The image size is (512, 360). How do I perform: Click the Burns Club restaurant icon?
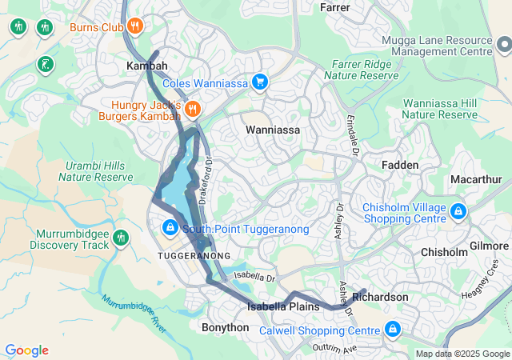(x=135, y=26)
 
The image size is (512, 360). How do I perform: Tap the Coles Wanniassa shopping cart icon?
(x=259, y=82)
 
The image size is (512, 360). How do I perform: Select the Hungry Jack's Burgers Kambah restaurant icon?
(x=193, y=108)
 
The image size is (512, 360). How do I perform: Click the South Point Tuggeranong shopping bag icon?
(x=171, y=228)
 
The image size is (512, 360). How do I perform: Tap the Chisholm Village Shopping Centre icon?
(x=458, y=212)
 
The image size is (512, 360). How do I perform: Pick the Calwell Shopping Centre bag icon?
(x=393, y=329)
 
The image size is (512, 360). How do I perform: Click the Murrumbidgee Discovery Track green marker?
(x=121, y=237)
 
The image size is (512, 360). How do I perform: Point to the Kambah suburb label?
(x=147, y=66)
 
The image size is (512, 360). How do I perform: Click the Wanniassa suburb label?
(x=272, y=130)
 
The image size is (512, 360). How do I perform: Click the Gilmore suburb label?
(x=490, y=246)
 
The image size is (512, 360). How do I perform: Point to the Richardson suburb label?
(x=380, y=297)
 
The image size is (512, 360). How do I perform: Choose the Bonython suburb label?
(x=225, y=328)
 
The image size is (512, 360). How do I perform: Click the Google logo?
(x=26, y=350)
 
